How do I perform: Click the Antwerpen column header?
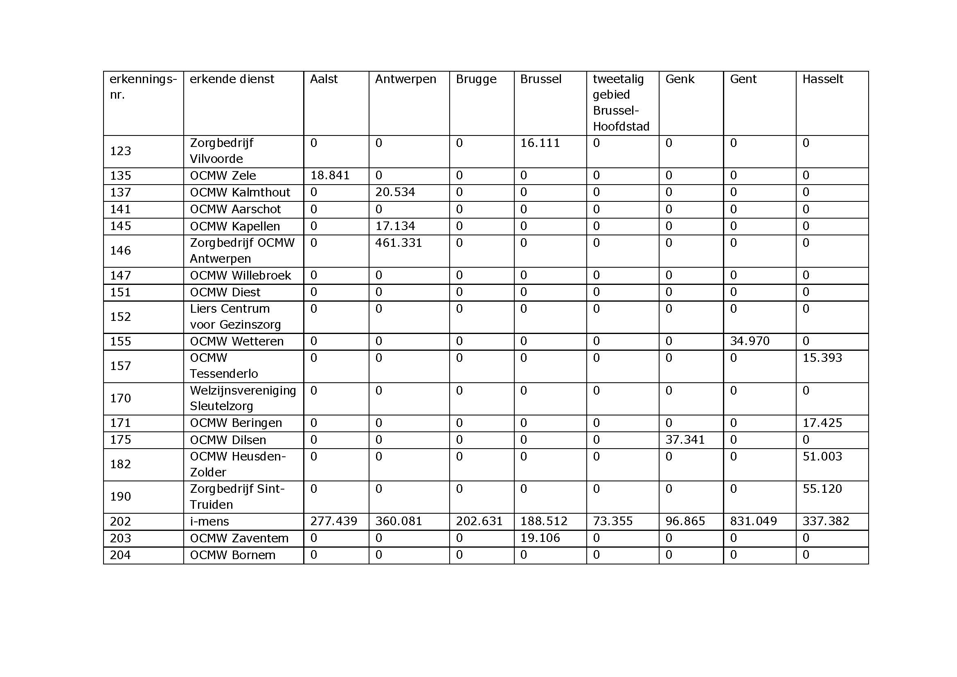(405, 79)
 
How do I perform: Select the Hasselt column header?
(822, 79)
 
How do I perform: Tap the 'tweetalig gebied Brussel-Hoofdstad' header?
(621, 103)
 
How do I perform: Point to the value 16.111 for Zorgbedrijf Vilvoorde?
(540, 143)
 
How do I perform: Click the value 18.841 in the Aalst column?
(330, 175)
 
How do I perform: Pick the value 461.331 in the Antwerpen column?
(398, 243)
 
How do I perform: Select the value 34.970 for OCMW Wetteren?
(750, 341)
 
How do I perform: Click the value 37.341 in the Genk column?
(685, 439)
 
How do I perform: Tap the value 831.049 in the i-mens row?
(753, 521)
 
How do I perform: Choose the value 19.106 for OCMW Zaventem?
(540, 538)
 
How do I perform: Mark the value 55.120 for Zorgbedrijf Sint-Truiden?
(822, 489)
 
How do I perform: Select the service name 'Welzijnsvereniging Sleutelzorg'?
(243, 398)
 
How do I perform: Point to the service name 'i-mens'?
(209, 521)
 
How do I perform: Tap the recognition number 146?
(120, 250)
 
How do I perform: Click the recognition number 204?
(120, 555)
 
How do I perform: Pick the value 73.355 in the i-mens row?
(612, 521)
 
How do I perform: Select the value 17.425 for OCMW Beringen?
(822, 423)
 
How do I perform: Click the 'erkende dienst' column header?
(232, 79)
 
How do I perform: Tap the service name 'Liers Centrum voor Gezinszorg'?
(235, 316)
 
